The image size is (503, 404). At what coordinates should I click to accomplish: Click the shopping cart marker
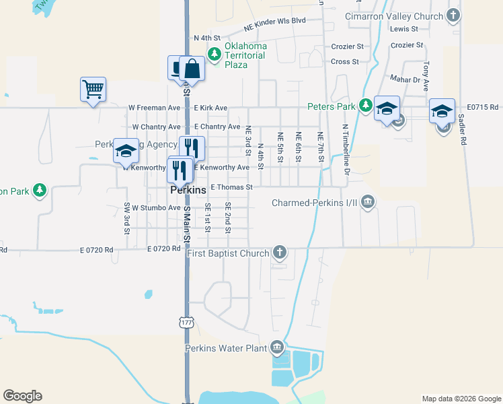93,89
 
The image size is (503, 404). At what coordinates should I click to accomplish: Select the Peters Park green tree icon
365,105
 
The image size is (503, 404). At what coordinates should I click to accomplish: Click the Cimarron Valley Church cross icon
454,15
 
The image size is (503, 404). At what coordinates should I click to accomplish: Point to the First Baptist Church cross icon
280,253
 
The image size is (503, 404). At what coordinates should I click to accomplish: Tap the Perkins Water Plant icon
276,348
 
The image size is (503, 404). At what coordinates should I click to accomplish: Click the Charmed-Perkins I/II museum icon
367,202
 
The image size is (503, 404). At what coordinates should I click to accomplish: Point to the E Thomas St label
231,187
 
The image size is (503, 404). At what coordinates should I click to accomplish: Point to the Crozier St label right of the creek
406,46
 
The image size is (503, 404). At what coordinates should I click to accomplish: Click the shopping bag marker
192,69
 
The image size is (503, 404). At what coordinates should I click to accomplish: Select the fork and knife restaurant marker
192,149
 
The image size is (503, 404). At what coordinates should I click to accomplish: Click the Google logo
23,396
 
